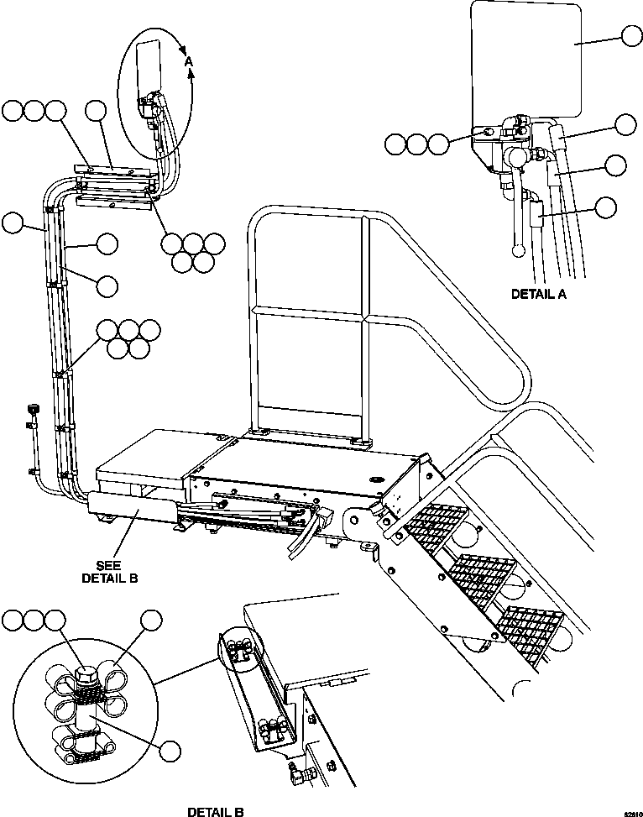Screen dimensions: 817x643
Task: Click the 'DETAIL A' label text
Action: [x=539, y=294]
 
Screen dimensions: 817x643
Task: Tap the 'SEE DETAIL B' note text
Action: [x=109, y=572]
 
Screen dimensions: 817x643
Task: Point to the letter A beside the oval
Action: [x=189, y=61]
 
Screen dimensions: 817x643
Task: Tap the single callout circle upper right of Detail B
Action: [x=151, y=621]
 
